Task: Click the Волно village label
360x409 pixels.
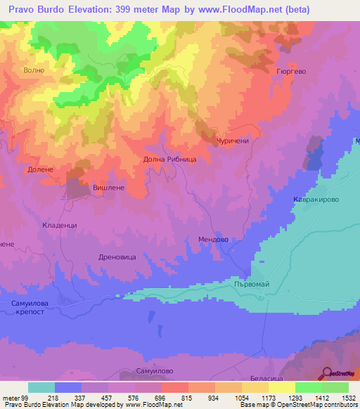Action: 34,70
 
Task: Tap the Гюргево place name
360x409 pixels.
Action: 291,72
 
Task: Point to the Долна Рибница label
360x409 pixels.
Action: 174,160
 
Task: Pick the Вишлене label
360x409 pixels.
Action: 108,188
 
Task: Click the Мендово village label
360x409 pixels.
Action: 212,240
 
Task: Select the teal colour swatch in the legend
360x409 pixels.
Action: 41,387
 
